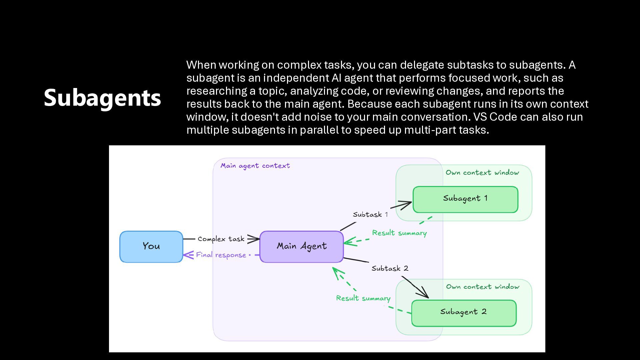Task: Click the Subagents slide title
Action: pyautogui.click(x=102, y=98)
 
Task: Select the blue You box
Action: pyautogui.click(x=151, y=247)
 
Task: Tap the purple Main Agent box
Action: pyautogui.click(x=301, y=247)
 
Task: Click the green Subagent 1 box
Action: pyautogui.click(x=465, y=199)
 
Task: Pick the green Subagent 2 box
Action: pyautogui.click(x=464, y=313)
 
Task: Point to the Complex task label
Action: pyautogui.click(x=221, y=239)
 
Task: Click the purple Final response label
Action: pyautogui.click(x=221, y=255)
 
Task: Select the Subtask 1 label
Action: pyautogui.click(x=370, y=215)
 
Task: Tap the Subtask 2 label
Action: pyautogui.click(x=390, y=268)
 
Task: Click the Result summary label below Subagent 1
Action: pyautogui.click(x=399, y=233)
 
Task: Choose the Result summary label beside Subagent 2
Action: pyautogui.click(x=363, y=298)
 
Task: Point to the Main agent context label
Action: pyautogui.click(x=255, y=166)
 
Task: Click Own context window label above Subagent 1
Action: pyautogui.click(x=482, y=173)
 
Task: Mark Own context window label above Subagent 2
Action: pyautogui.click(x=483, y=287)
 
